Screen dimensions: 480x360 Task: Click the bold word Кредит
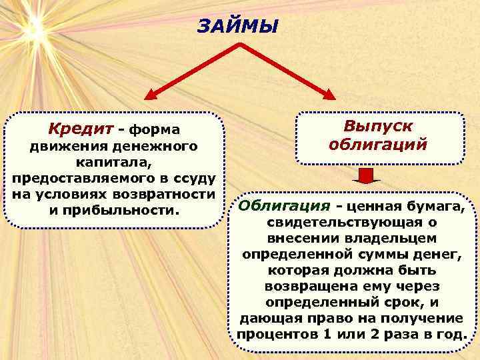[x=75, y=127]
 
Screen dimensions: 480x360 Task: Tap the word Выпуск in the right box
[x=377, y=126]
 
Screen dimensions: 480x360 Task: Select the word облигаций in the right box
[x=377, y=144]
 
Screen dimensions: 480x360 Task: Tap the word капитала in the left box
[x=110, y=162]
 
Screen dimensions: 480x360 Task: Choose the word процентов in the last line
[x=271, y=333]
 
